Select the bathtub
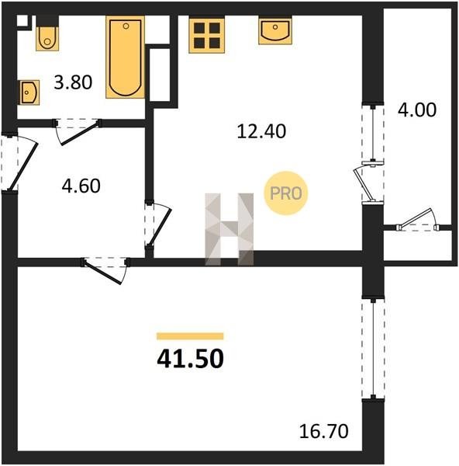(125, 57)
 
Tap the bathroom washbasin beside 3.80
(29, 92)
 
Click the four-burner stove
(207, 34)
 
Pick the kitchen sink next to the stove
(275, 31)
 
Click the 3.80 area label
(73, 82)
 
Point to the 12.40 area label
(261, 131)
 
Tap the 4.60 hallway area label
(81, 186)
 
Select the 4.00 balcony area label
(417, 110)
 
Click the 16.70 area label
(323, 431)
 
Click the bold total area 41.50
(190, 358)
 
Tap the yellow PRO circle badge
(286, 193)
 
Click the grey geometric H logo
(229, 229)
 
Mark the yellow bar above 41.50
(190, 336)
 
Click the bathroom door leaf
(80, 133)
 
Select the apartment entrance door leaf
(22, 167)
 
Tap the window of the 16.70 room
(373, 348)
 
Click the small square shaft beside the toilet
(22, 21)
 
